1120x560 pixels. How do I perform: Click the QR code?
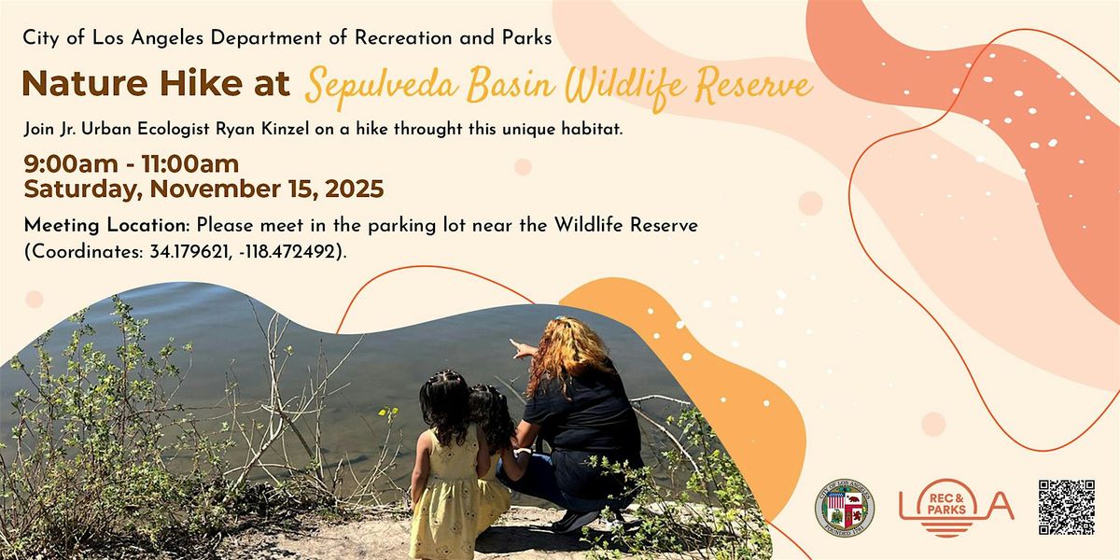point(1066,507)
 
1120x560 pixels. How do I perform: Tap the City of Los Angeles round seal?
point(844,510)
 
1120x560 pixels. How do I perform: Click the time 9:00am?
point(65,165)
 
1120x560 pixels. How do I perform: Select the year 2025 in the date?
point(349,189)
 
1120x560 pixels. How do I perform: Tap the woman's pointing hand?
point(519,348)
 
